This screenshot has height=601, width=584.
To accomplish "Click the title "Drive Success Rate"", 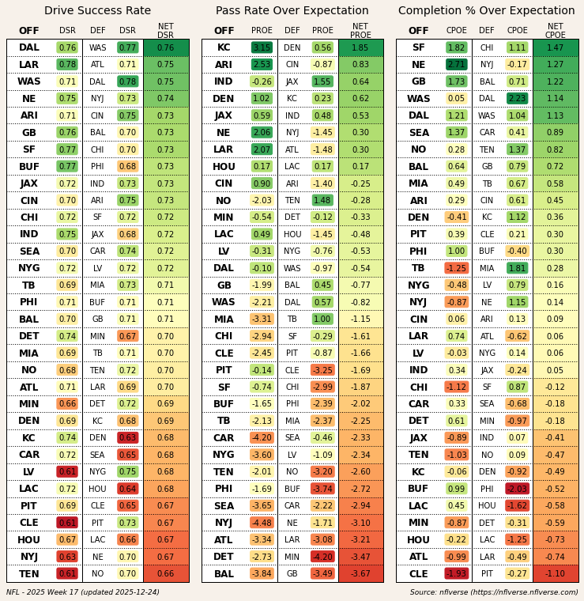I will point(97,11).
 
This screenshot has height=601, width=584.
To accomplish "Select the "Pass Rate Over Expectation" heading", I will point(292,11).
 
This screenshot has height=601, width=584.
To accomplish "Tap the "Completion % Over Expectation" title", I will point(486,11).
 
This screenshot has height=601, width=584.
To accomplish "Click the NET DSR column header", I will point(166,31).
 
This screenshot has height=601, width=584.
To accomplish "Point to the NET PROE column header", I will point(360,31).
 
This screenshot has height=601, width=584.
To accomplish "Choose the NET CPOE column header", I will point(555,31).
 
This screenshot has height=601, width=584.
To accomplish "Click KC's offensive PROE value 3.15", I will point(262,47).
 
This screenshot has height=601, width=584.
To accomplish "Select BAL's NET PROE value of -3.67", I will point(360,574).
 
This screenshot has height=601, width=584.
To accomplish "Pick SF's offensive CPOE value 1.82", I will point(456,47).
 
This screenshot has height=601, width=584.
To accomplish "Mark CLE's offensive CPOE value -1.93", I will point(456,574).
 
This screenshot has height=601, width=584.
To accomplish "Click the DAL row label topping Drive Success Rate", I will point(29,47).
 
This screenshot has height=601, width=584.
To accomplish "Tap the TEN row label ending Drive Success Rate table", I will point(29,574).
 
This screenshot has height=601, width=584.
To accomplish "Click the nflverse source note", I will point(494,592).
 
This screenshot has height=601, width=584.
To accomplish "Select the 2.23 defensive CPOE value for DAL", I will point(517,99).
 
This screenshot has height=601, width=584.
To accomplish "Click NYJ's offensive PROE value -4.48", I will point(262,523).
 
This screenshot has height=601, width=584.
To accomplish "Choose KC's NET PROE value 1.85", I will point(360,47).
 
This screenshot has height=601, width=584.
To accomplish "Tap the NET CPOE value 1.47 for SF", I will point(555,47).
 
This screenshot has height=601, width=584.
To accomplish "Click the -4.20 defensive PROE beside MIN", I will point(322,557).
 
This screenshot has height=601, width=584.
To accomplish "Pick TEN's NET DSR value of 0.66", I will point(166,574).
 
